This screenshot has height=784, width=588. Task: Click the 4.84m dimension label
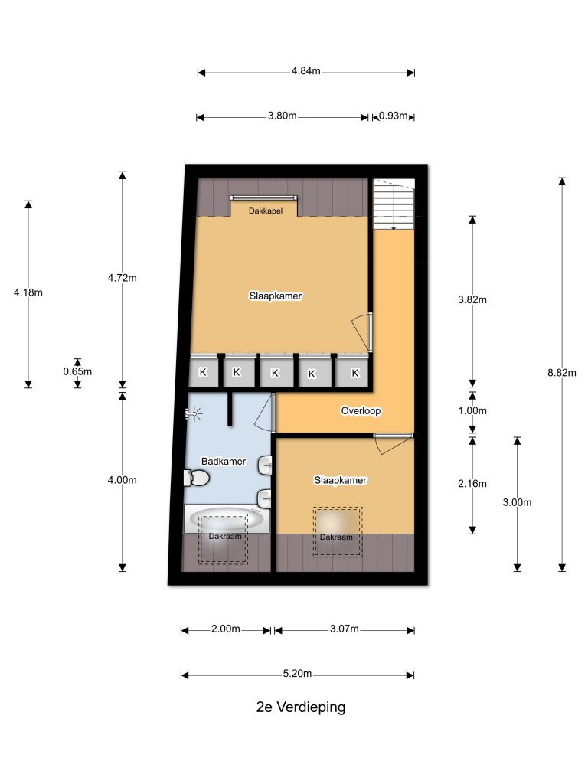[x=306, y=71]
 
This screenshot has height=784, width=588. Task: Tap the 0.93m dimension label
[x=393, y=116]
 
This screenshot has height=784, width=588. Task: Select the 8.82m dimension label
[x=561, y=373]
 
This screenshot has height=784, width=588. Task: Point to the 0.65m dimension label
[x=77, y=371]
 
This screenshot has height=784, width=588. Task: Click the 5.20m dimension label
[x=298, y=674]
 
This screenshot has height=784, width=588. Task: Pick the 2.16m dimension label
[x=472, y=484]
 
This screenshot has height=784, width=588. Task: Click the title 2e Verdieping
[x=300, y=707]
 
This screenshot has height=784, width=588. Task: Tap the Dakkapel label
[x=266, y=211]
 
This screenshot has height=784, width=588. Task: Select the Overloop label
[x=361, y=411]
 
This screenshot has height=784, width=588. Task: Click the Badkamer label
[x=224, y=462]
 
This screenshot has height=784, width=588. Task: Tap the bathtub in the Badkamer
[x=227, y=519]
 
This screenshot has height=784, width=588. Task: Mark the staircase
[x=394, y=204]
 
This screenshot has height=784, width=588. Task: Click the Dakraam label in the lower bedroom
[x=336, y=537]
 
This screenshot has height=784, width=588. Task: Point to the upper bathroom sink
[x=265, y=465]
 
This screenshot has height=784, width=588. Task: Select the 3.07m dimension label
[x=344, y=629]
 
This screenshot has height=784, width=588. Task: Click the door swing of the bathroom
[x=264, y=413]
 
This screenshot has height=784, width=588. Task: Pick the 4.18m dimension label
[x=28, y=292]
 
